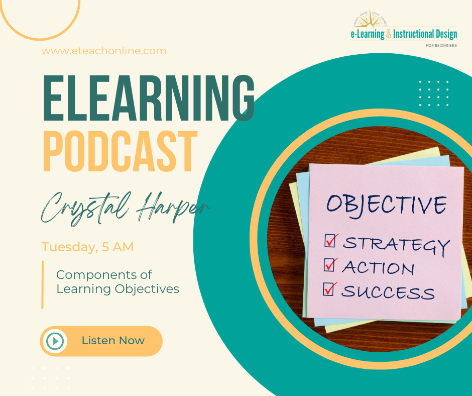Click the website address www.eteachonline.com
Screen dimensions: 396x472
(x=104, y=51)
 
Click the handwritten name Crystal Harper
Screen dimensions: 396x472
(x=126, y=207)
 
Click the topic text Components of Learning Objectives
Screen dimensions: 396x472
(x=117, y=282)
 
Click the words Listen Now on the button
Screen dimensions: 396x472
(x=113, y=341)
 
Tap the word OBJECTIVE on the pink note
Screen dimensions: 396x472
(x=386, y=204)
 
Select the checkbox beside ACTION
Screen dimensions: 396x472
(x=329, y=264)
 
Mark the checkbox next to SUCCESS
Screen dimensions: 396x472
(x=329, y=288)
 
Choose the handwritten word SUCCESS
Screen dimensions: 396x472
(x=388, y=291)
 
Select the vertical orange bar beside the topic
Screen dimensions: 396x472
(x=43, y=284)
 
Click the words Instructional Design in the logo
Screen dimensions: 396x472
(x=425, y=35)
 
